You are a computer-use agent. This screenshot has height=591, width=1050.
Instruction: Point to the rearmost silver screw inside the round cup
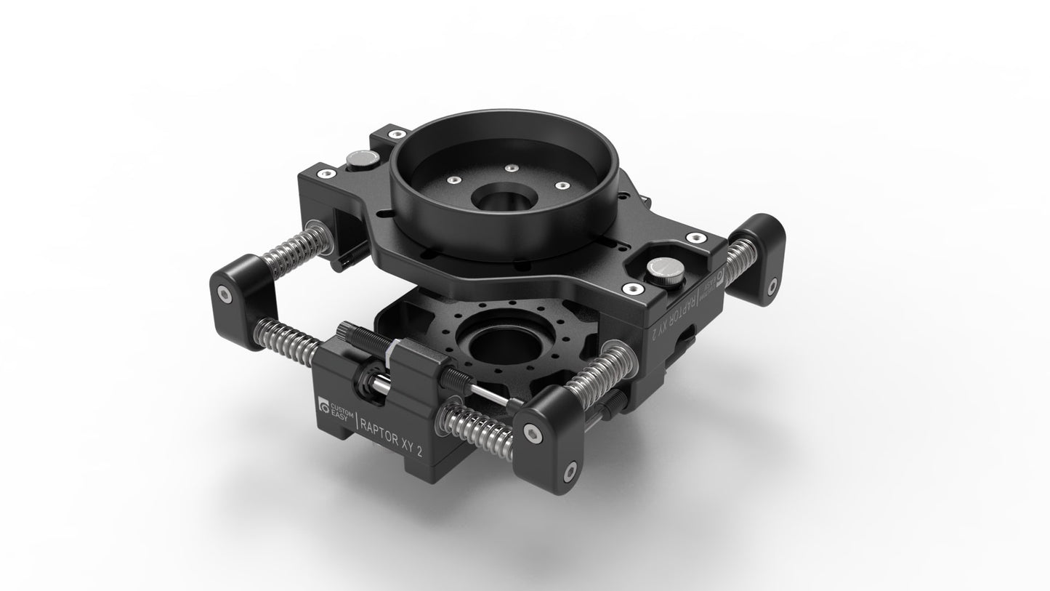tap(512, 167)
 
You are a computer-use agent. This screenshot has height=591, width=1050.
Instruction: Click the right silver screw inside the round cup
tap(561, 185)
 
